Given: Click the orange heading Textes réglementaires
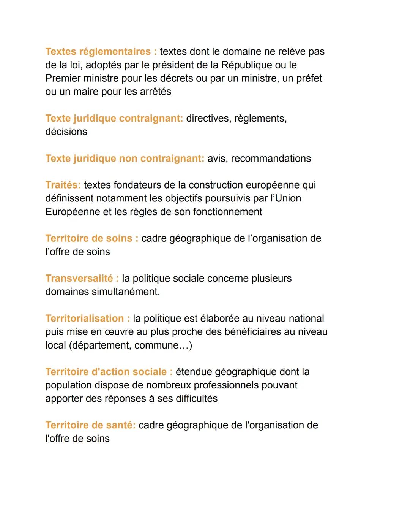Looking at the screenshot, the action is coord(98,52).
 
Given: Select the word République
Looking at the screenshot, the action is coord(247,65).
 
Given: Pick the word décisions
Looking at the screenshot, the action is coord(66,132).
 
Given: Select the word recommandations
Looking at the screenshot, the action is coord(271,158).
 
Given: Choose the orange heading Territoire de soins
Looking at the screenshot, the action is coord(89,238).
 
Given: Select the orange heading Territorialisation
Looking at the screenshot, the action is coord(85,319).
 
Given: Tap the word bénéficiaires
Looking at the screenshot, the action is coord(259,332).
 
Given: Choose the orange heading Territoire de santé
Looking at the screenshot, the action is coord(90,425).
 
